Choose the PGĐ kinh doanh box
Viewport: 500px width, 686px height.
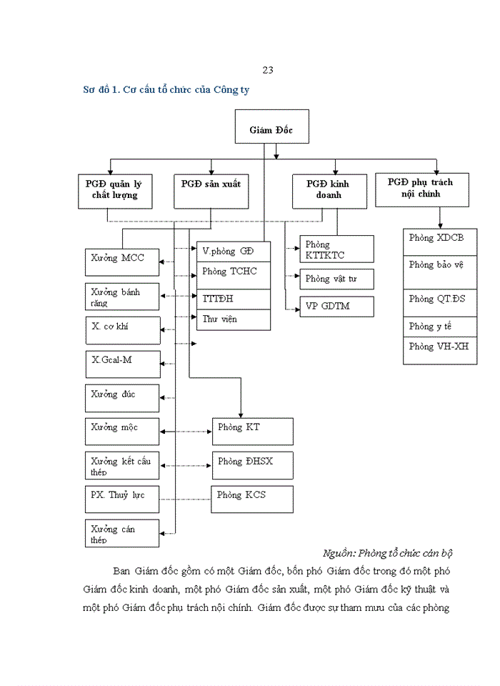[x=325, y=190]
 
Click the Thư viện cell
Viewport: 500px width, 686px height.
[x=234, y=319]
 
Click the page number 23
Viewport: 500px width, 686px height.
[x=268, y=70]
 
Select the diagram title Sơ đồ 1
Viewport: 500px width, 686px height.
[x=166, y=90]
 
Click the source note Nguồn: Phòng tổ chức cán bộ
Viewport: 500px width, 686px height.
[x=388, y=553]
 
